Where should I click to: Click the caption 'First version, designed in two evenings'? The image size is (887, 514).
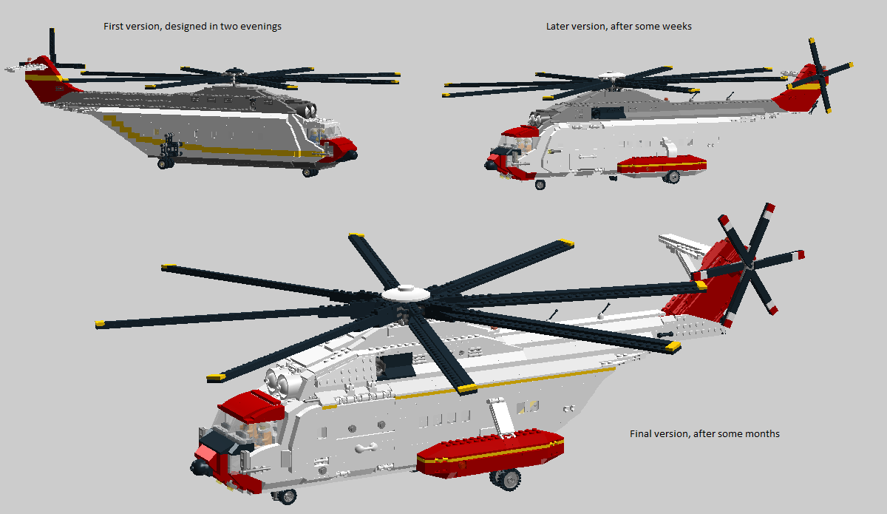(x=192, y=27)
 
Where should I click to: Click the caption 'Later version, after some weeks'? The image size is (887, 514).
(x=619, y=27)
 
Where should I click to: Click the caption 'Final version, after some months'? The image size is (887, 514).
(x=704, y=434)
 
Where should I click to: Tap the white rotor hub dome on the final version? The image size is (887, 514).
(x=406, y=294)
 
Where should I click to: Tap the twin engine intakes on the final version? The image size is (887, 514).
(x=279, y=381)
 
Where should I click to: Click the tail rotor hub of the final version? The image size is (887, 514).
(x=748, y=266)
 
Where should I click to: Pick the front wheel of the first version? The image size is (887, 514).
(x=310, y=172)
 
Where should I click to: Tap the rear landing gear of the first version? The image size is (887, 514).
(x=169, y=152)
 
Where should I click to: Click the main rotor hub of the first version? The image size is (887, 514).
(x=234, y=73)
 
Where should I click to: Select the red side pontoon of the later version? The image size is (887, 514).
(x=662, y=164)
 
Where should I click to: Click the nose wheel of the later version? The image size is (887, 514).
(x=540, y=184)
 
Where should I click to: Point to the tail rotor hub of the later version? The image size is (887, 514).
(x=820, y=75)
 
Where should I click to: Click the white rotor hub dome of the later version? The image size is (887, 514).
(x=611, y=75)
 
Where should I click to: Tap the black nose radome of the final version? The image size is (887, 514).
(x=201, y=467)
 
